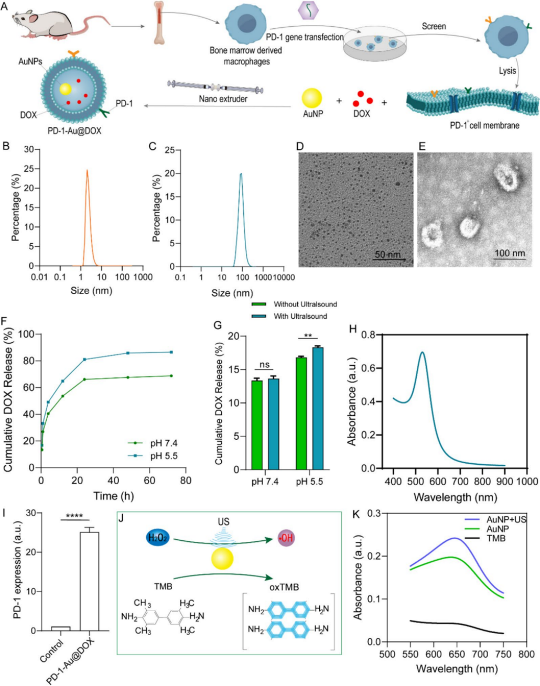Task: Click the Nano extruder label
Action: [x=223, y=99]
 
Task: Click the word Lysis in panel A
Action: [x=507, y=70]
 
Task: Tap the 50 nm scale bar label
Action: [x=387, y=255]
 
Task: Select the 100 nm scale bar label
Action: [x=510, y=253]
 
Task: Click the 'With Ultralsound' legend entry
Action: [x=300, y=316]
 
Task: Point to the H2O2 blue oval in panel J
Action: [x=159, y=538]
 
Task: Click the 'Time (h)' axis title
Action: [x=113, y=495]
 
